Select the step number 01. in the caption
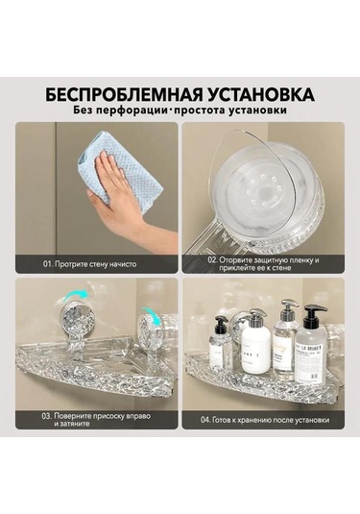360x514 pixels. point(49,263)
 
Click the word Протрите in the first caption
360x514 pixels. point(75,263)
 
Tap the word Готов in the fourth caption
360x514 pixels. point(233,420)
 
